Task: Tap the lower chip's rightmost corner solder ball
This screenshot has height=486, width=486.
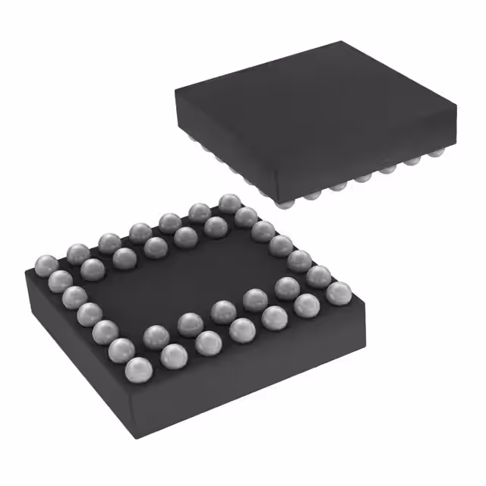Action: click(x=339, y=292)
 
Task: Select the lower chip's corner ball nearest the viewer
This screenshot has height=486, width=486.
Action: click(x=138, y=369)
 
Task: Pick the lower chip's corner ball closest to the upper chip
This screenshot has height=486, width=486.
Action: click(x=229, y=203)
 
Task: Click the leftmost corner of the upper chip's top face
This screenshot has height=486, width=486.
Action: click(x=176, y=90)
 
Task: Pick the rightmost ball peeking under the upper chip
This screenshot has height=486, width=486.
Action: click(x=435, y=153)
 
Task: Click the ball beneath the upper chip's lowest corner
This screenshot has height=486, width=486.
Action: click(x=282, y=202)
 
